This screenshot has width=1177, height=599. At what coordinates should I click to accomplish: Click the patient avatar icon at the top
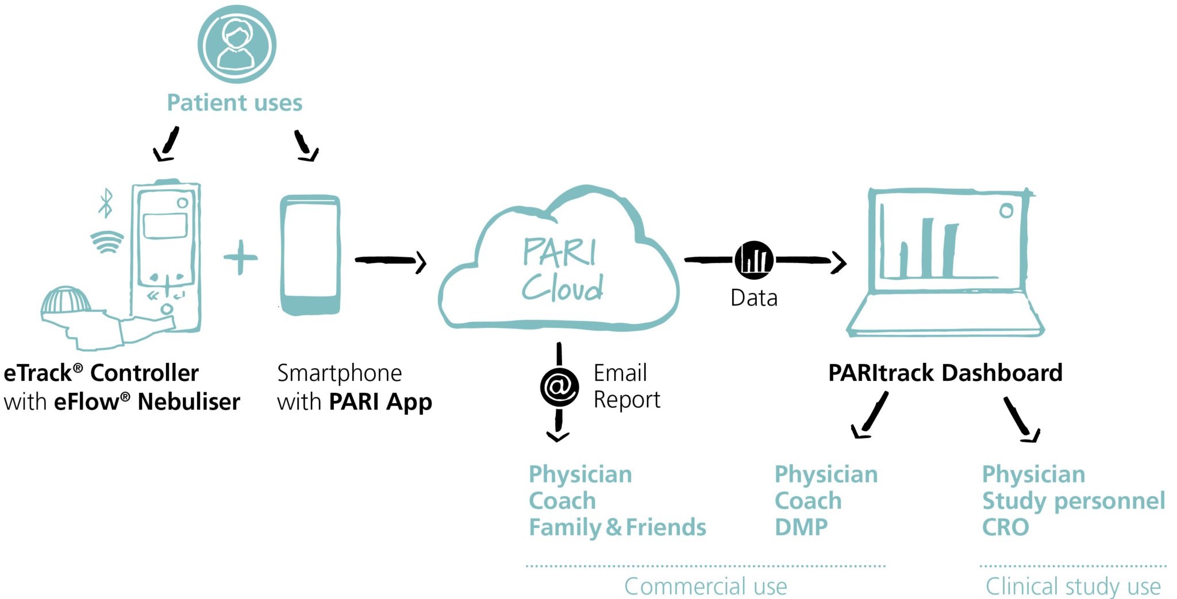coord(237,44)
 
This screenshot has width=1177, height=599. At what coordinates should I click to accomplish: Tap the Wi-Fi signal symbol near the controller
coord(107,242)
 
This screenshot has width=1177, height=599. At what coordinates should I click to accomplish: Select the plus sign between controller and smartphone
coord(240,257)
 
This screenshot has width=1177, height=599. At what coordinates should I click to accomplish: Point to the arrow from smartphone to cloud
coord(391,261)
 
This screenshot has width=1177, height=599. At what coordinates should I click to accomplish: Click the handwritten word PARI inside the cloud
coord(559,252)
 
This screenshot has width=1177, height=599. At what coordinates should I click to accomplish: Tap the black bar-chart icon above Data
coord(754,260)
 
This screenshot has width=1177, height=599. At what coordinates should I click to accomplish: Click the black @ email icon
coord(559,387)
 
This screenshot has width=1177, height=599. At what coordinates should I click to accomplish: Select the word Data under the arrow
coord(754,298)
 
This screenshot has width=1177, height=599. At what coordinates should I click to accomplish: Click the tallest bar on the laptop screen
coord(927,247)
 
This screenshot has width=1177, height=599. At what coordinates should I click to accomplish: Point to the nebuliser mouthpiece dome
coord(66,300)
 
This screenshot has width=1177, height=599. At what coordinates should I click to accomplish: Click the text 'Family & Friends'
coord(617,527)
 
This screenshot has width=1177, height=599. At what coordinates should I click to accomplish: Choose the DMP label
coord(801,527)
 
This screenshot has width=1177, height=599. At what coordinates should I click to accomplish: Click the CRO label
coord(1005,527)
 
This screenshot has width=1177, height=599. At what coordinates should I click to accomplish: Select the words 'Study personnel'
coord(1073,501)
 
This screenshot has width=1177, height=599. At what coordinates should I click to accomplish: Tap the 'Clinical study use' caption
coord(1073,586)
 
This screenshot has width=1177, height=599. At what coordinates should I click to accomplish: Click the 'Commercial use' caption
coord(705,586)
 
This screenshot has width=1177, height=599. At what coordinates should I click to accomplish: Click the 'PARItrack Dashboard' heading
coord(945,373)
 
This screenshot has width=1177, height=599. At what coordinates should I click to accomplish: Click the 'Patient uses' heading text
coord(234,103)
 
